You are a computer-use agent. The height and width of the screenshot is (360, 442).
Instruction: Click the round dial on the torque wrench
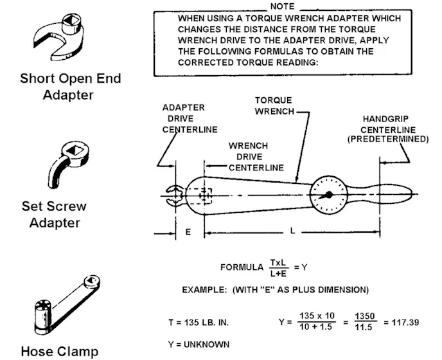pyautogui.click(x=328, y=195)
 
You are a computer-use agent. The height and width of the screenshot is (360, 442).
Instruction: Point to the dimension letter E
pyautogui.click(x=188, y=231)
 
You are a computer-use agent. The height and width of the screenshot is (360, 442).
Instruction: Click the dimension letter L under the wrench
pyautogui.click(x=292, y=231)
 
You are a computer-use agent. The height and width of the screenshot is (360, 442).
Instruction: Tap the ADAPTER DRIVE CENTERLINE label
pyautogui.click(x=183, y=119)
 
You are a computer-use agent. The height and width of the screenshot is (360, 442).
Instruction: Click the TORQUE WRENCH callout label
pyautogui.click(x=273, y=105)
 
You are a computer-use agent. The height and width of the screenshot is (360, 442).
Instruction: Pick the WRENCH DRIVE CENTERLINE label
pyautogui.click(x=256, y=157)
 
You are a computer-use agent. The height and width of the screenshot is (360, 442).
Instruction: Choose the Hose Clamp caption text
pyautogui.click(x=60, y=351)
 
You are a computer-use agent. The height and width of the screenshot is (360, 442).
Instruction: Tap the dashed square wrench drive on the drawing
pyautogui.click(x=205, y=195)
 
